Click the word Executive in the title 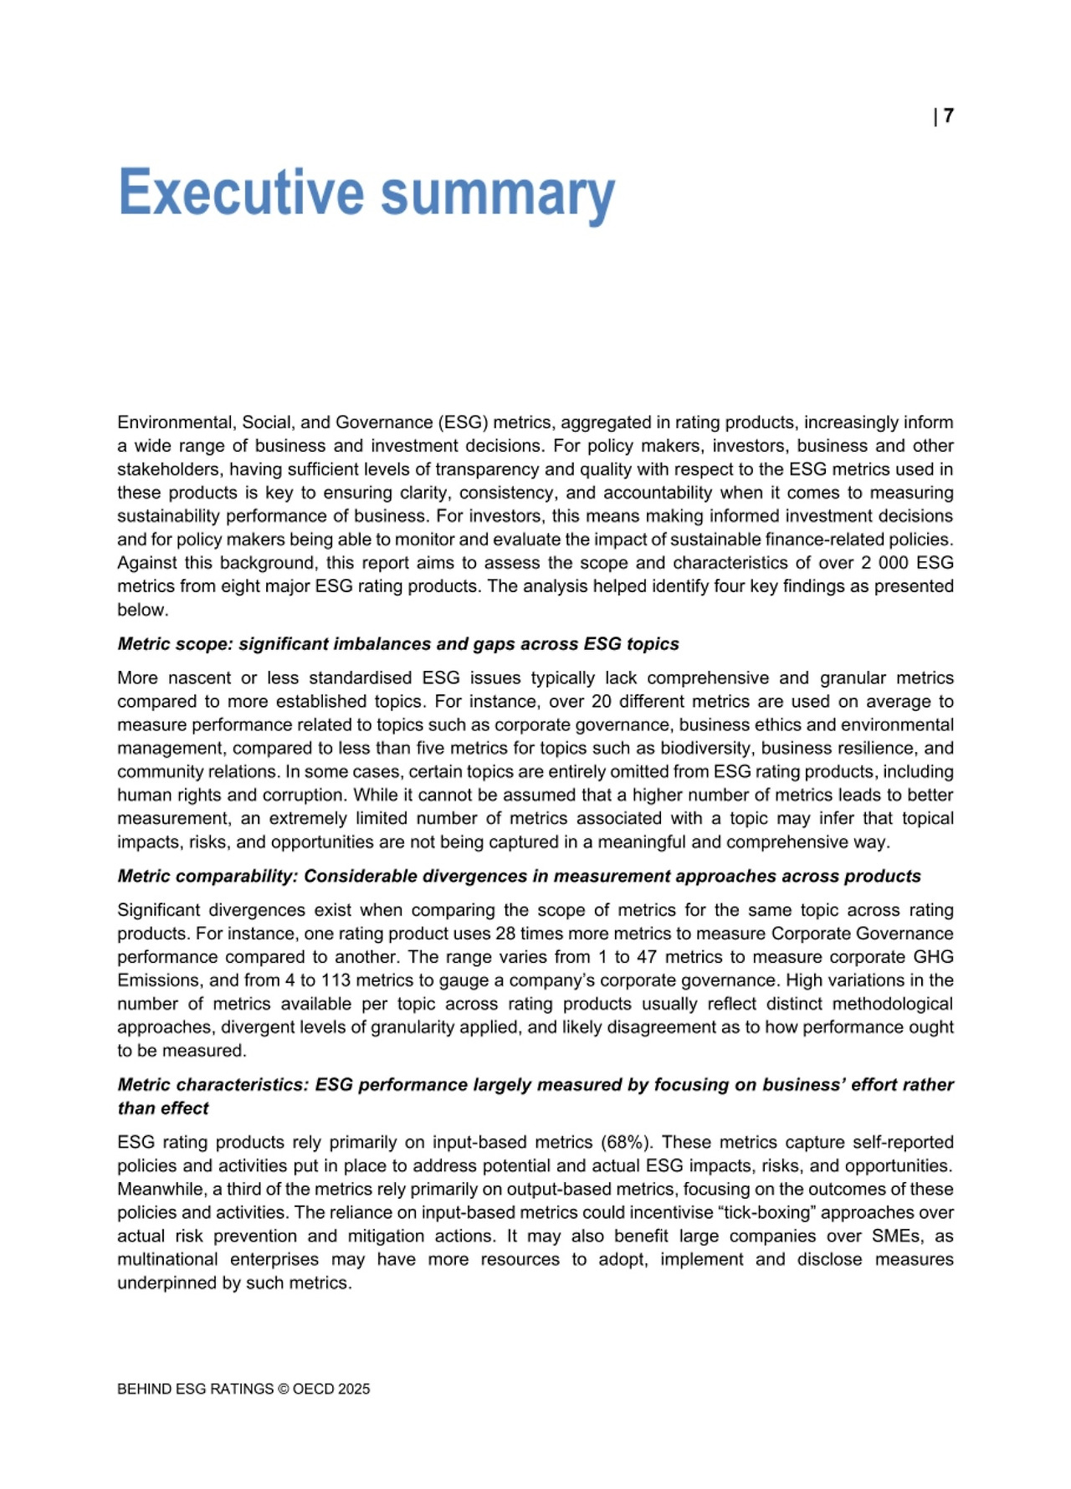241,192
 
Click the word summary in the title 498,194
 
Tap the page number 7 948,116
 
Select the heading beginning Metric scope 397,644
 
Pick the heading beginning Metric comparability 519,876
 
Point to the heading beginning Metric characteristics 535,1085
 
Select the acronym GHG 935,957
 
